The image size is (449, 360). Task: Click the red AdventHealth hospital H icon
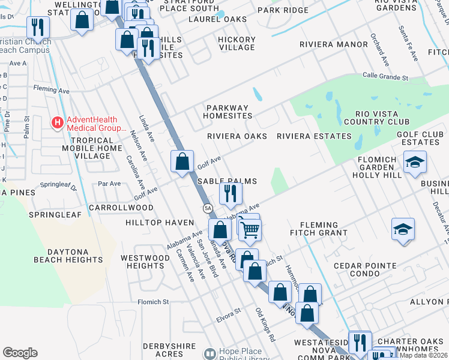(58, 123)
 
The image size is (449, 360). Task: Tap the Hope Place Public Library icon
(209, 355)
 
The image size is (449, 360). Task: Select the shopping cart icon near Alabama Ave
(250, 228)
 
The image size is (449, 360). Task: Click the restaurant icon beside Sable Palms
(231, 193)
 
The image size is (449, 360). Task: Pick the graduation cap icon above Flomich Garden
(415, 162)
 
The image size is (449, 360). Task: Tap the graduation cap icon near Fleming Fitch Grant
(403, 229)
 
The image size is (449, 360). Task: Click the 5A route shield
(208, 208)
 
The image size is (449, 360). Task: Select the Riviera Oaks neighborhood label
(237, 136)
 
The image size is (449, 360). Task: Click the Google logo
(20, 353)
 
